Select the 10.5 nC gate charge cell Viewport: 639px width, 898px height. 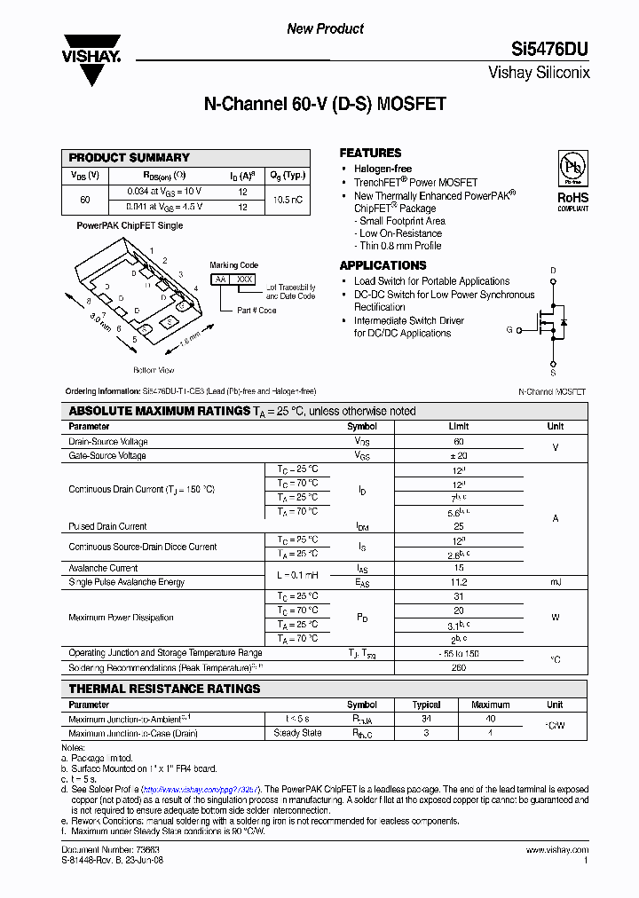[x=288, y=200]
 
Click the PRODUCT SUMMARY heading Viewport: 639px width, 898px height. [x=130, y=157]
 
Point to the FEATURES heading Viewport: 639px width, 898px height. [x=370, y=153]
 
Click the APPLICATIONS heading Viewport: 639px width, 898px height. [x=383, y=265]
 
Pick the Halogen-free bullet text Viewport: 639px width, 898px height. [x=383, y=169]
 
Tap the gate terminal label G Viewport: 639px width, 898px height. [x=509, y=329]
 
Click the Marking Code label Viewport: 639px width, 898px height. [x=234, y=264]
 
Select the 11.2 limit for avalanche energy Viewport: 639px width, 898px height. [x=459, y=582]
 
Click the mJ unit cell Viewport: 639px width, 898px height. [x=556, y=582]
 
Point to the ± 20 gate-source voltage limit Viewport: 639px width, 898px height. [x=459, y=455]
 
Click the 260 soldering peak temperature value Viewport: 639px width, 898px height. [x=459, y=667]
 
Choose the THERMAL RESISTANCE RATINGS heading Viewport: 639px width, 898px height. [x=165, y=689]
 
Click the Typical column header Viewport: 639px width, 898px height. [x=427, y=705]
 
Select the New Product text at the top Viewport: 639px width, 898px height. [x=325, y=28]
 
